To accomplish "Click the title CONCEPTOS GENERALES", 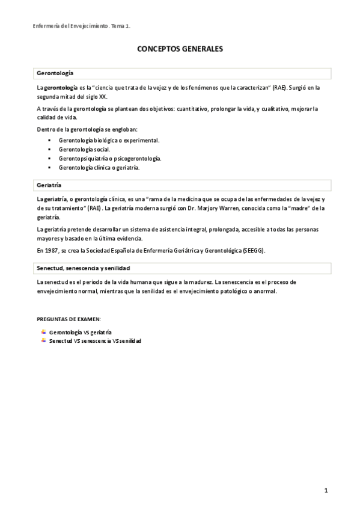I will coord(180,51).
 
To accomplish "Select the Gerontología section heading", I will coord(55,73).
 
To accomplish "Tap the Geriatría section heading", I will coord(49,185).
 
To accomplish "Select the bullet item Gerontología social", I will coord(84,149).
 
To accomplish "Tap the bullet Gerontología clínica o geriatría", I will coord(99,168).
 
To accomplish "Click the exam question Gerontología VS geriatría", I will coord(80,332).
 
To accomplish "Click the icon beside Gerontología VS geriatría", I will coord(43,332).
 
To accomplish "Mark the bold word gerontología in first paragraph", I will coord(62,88).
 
